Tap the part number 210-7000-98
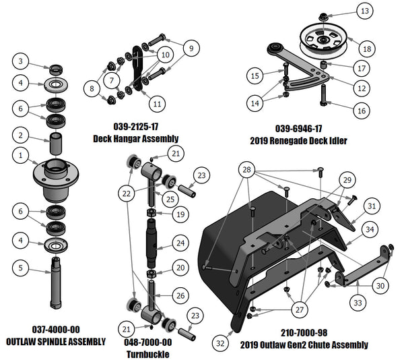pos(303,332)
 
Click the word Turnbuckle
pos(147,355)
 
